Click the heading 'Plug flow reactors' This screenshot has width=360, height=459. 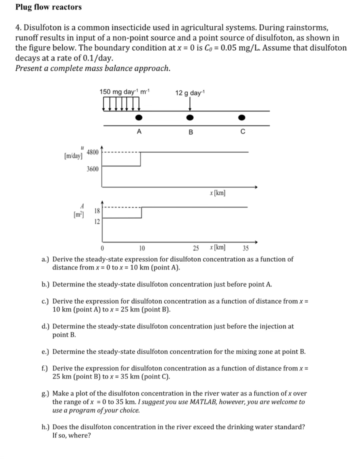click(x=48, y=7)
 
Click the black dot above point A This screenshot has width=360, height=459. click(x=139, y=118)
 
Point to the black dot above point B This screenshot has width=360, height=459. click(x=189, y=118)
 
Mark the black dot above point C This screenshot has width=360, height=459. click(x=242, y=118)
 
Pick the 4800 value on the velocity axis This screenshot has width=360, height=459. click(x=92, y=151)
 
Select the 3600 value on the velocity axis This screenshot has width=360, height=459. click(x=92, y=169)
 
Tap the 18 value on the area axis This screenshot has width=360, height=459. click(x=97, y=211)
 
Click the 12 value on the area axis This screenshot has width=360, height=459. click(x=97, y=221)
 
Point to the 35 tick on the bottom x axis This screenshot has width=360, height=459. click(x=245, y=248)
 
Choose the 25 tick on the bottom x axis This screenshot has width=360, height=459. click(x=196, y=248)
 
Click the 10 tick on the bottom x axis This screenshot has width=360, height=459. click(x=142, y=248)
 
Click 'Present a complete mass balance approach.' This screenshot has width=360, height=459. click(x=93, y=68)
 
